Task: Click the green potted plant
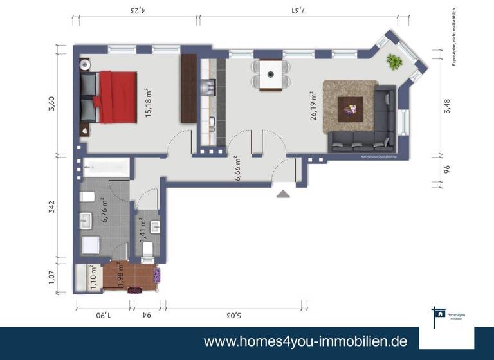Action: coord(393,62)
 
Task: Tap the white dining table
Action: coord(271,75)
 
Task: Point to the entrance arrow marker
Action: coord(282,193)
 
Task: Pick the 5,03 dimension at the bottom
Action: coord(233,315)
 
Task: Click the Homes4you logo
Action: coord(446,316)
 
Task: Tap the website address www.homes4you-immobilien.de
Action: coord(305,341)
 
